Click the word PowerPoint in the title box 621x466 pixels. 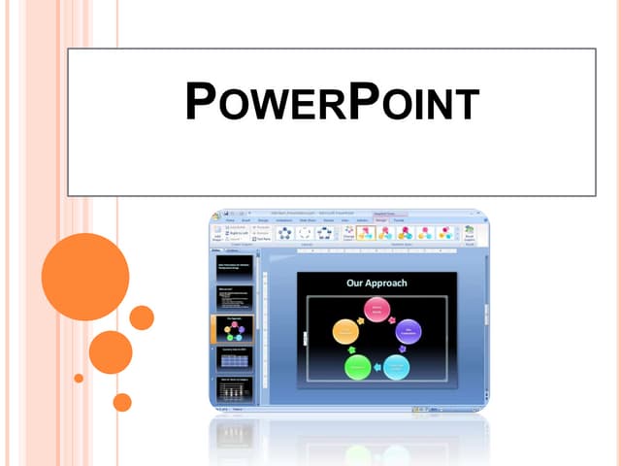[x=331, y=103]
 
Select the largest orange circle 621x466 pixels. [x=85, y=277]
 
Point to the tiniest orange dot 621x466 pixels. [x=79, y=378]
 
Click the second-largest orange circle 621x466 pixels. [x=111, y=352]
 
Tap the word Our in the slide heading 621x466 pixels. [x=355, y=283]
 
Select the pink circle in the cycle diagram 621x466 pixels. [x=376, y=310]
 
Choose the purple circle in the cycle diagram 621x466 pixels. [x=409, y=332]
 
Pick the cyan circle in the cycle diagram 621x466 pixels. [x=396, y=367]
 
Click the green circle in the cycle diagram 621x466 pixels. [x=358, y=367]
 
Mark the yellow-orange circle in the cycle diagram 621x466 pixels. [x=345, y=332]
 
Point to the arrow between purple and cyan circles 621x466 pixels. [x=407, y=350]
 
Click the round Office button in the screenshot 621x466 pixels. [x=217, y=216]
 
